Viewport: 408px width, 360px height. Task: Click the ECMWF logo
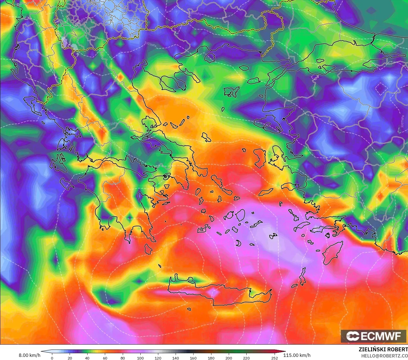(374, 336)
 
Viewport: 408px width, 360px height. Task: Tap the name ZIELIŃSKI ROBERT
(383, 349)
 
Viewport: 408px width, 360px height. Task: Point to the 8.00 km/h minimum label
(29, 355)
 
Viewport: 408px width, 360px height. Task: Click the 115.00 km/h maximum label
(297, 355)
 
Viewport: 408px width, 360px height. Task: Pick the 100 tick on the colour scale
(140, 358)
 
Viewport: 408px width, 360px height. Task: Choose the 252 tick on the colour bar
(275, 358)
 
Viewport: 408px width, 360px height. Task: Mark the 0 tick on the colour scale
(52, 358)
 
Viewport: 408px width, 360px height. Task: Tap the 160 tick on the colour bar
(193, 358)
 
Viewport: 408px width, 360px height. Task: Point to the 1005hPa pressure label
(150, 44)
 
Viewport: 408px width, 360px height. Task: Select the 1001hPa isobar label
(111, 124)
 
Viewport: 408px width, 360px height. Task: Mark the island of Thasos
(210, 58)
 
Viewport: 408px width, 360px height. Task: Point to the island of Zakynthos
(67, 183)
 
